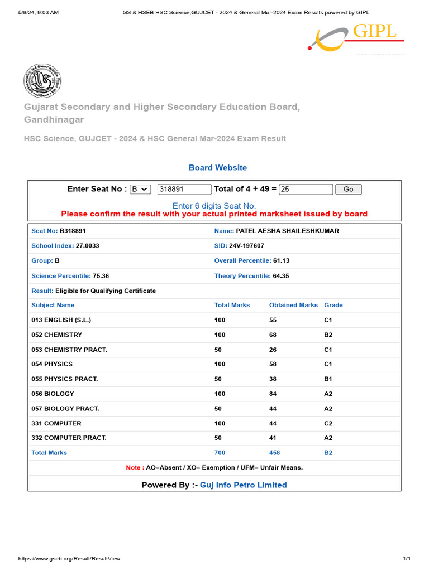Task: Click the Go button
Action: (x=348, y=190)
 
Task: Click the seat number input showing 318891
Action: (x=184, y=190)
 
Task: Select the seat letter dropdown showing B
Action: (x=140, y=190)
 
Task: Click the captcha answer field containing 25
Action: (x=306, y=190)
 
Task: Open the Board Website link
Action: (x=217, y=167)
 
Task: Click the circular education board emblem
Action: (x=42, y=81)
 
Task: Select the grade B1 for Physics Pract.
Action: (x=328, y=379)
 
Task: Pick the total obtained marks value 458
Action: (x=274, y=453)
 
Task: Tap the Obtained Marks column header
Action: (x=293, y=306)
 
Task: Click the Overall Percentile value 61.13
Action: (x=281, y=261)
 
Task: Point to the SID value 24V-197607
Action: (x=246, y=246)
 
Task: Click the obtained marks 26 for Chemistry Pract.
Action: (x=273, y=350)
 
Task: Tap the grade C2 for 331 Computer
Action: (x=328, y=424)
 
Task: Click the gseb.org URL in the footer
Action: (x=69, y=559)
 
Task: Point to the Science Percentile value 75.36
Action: (x=101, y=276)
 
